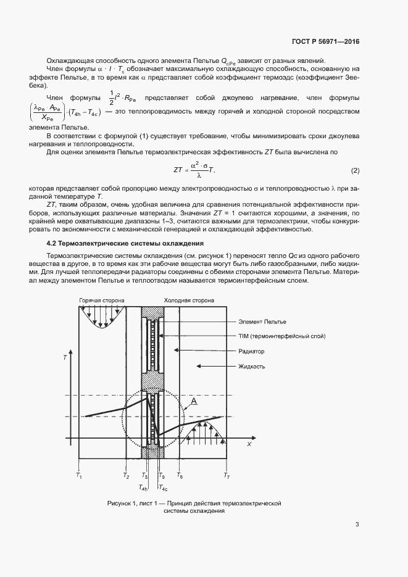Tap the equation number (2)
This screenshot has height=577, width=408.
(x=355, y=170)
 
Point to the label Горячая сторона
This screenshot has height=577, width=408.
(x=101, y=301)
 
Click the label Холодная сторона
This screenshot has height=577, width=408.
(x=189, y=301)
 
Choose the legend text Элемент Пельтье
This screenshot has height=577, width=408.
(x=262, y=322)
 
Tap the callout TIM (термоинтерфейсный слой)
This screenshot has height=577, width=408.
(x=281, y=336)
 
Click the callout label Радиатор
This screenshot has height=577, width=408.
(x=251, y=351)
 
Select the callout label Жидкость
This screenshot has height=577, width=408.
(x=252, y=366)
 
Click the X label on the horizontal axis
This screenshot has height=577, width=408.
(x=249, y=444)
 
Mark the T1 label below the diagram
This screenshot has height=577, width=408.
(x=79, y=476)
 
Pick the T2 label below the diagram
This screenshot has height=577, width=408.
(x=126, y=476)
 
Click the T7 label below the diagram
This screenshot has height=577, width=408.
(x=227, y=476)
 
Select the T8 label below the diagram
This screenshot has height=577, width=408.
(x=180, y=476)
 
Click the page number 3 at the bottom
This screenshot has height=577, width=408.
(x=357, y=525)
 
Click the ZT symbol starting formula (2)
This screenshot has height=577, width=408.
(x=179, y=170)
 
